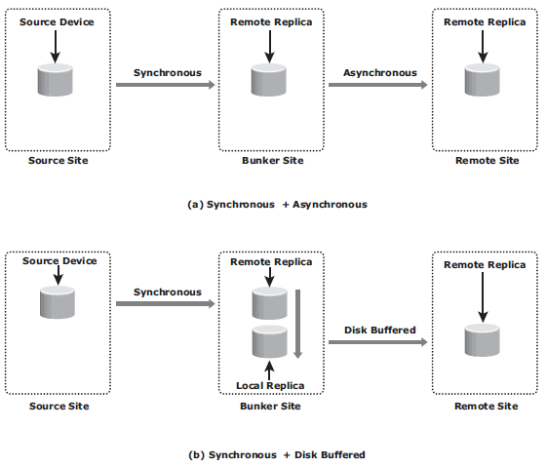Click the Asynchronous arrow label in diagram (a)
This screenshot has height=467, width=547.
tap(380, 73)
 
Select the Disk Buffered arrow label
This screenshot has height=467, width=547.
tap(380, 330)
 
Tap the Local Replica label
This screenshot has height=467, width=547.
tap(270, 386)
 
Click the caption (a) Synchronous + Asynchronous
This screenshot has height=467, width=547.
tap(277, 205)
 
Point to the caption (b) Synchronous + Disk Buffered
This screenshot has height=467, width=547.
tap(277, 454)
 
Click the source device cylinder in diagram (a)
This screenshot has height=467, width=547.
tap(56, 80)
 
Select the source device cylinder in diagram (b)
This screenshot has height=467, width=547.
tap(58, 302)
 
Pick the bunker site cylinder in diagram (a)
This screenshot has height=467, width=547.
tap(268, 80)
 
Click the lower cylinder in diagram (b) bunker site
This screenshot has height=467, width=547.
tap(270, 341)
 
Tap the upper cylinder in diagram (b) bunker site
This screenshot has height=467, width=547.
tap(270, 303)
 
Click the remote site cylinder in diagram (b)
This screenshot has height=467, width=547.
tap(482, 339)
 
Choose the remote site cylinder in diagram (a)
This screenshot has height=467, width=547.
tap(482, 80)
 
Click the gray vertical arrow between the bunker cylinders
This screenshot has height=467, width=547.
tap(297, 324)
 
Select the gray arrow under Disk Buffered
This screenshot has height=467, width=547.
tap(377, 342)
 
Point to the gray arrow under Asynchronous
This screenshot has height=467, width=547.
tap(377, 85)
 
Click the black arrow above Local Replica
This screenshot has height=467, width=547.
tap(269, 370)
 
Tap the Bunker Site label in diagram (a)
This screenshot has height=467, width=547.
tap(273, 161)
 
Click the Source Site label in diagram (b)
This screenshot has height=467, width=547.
tap(59, 406)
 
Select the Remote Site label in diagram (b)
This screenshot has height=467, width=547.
tap(487, 406)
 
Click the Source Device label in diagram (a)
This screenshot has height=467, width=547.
tap(57, 22)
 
